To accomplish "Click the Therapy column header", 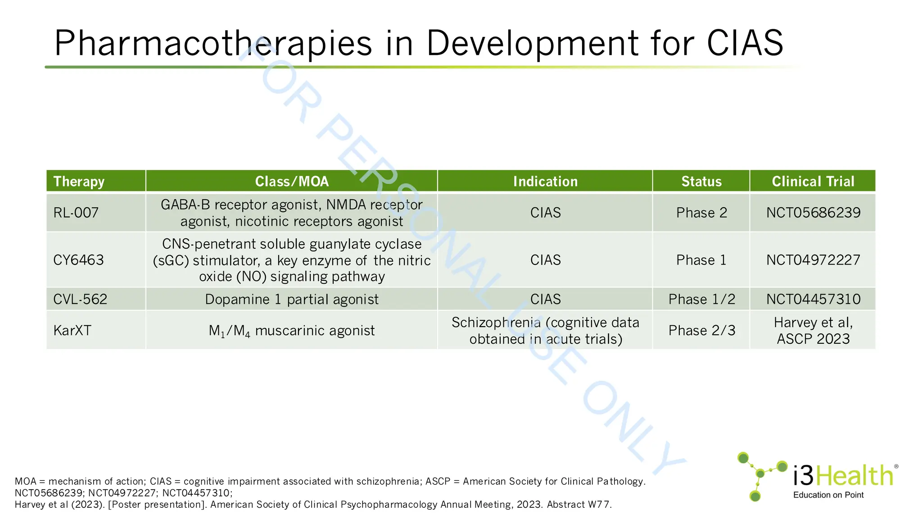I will pyautogui.click(x=79, y=181).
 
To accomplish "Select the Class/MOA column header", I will pyautogui.click(x=292, y=181).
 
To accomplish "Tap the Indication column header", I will pyautogui.click(x=545, y=181).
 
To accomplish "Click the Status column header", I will pyautogui.click(x=701, y=181).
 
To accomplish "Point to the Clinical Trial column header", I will pyautogui.click(x=813, y=181).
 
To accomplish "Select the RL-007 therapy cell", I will pyautogui.click(x=76, y=213).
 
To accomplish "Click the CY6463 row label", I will pyautogui.click(x=79, y=260).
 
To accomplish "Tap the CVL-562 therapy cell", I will pyautogui.click(x=81, y=299).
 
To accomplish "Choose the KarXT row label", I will pyautogui.click(x=72, y=331).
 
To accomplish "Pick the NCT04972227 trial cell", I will pyautogui.click(x=813, y=260).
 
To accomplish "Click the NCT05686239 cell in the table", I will pyautogui.click(x=813, y=213).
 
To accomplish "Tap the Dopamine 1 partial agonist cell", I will pyautogui.click(x=292, y=299).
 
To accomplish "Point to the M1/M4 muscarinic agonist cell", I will pyautogui.click(x=292, y=331).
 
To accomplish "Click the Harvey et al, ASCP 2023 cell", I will pyautogui.click(x=813, y=331).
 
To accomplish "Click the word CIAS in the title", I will pyautogui.click(x=745, y=43).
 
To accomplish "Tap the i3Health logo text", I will pyautogui.click(x=843, y=475).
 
